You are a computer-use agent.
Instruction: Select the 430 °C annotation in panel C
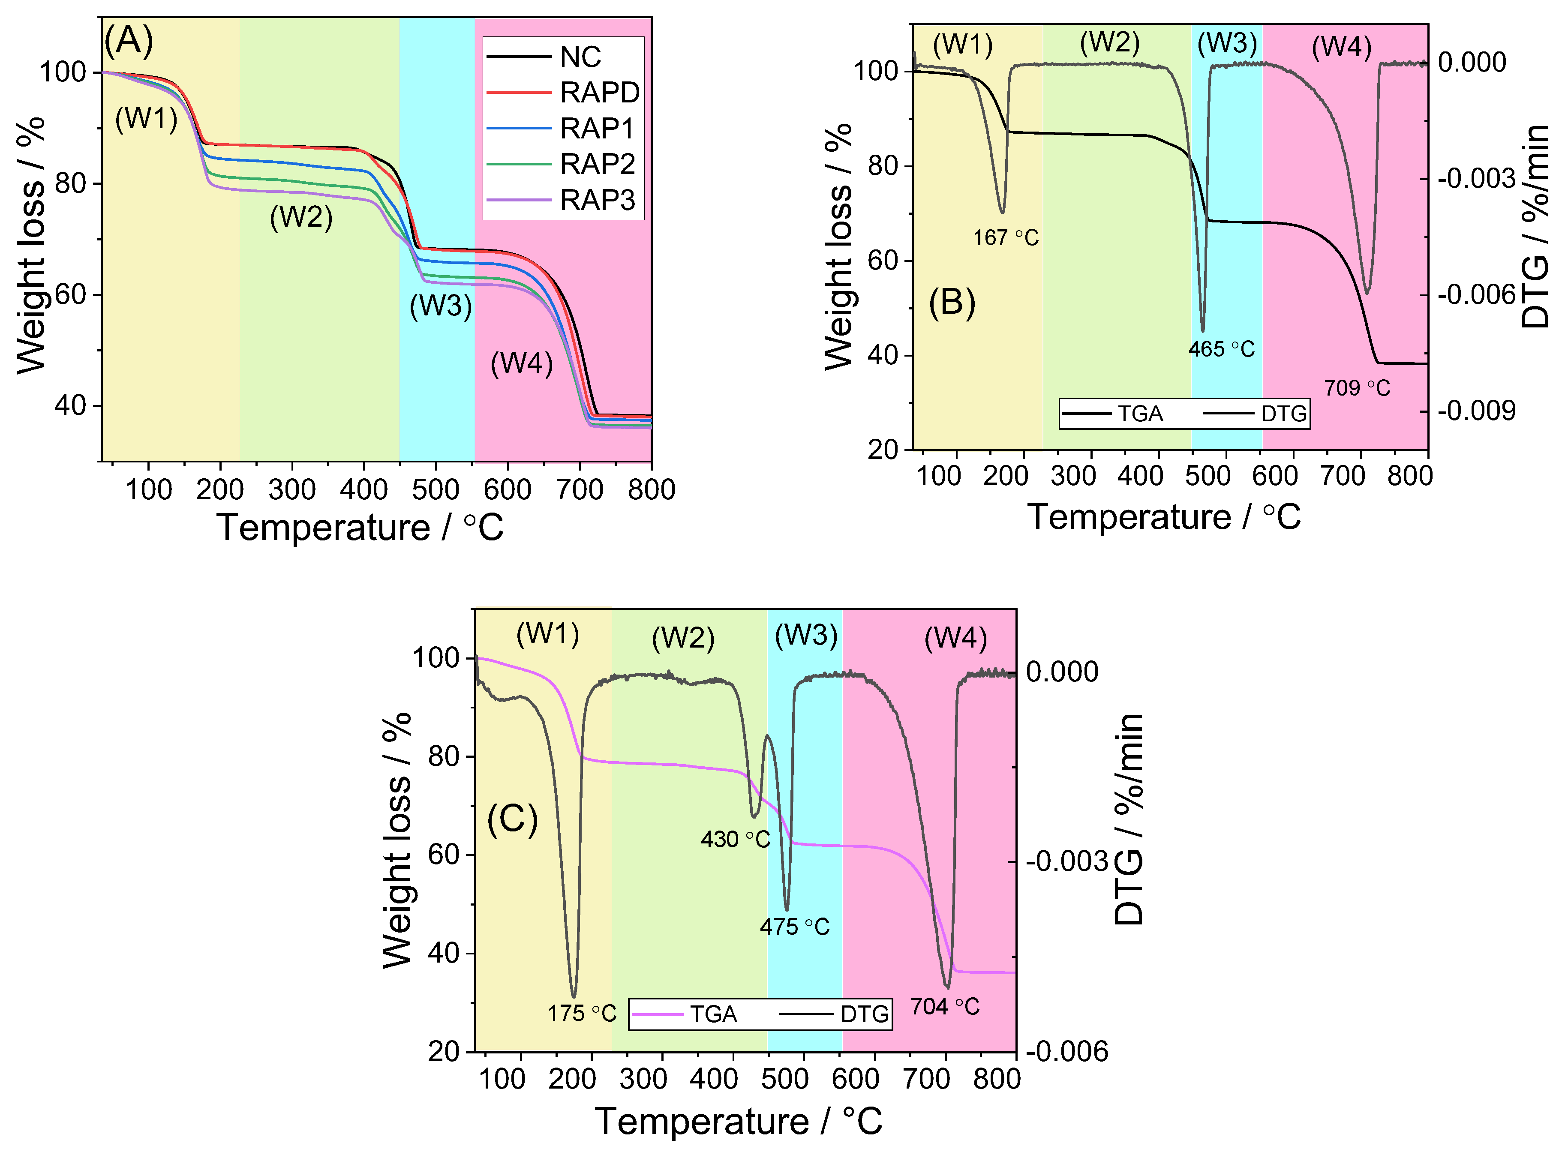tap(735, 839)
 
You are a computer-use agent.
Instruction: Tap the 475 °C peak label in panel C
tap(794, 927)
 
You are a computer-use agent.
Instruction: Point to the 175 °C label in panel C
tap(581, 1013)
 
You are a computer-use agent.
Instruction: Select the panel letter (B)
tap(952, 302)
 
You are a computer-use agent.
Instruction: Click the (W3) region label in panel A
tap(440, 306)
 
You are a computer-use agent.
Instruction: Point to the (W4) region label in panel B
tap(1341, 48)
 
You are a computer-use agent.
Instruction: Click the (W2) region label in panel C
tap(683, 638)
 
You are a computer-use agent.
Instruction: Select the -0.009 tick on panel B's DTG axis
tap(1476, 411)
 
